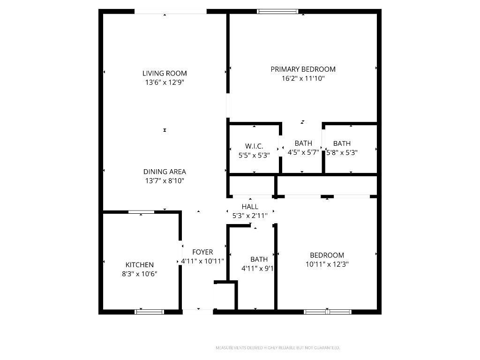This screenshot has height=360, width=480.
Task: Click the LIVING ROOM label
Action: click(165, 73)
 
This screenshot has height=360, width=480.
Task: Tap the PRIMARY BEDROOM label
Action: click(303, 69)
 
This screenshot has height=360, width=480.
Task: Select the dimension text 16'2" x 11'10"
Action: click(303, 78)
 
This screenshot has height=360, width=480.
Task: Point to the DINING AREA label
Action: click(165, 172)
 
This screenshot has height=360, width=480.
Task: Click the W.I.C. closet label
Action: click(254, 146)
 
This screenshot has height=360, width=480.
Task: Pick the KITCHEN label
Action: click(139, 265)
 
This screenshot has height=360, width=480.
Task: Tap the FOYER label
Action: click(202, 252)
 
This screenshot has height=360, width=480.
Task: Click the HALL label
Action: click(250, 207)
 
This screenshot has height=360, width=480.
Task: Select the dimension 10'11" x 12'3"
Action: click(327, 264)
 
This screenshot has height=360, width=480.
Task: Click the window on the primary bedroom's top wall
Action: click(277, 11)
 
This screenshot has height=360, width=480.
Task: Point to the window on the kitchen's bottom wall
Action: click(150, 311)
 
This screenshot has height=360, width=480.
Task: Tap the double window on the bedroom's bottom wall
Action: click(328, 311)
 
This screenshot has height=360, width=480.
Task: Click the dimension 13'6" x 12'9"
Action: click(165, 82)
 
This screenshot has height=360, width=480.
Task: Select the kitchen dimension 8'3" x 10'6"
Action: click(139, 274)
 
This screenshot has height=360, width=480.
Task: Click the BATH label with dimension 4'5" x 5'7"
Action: click(303, 143)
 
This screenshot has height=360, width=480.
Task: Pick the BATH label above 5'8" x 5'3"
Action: click(342, 143)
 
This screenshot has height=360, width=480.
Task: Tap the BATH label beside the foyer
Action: click(259, 259)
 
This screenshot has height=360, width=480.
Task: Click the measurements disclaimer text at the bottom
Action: click(277, 348)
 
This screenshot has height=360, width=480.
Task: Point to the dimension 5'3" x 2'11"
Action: click(250, 216)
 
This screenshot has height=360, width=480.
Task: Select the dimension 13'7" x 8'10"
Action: click(165, 180)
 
